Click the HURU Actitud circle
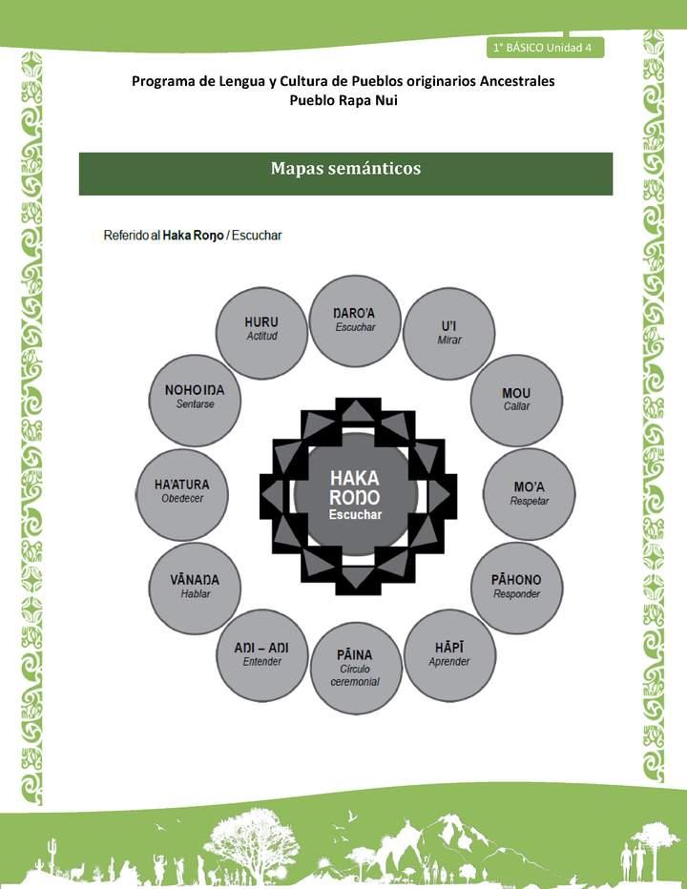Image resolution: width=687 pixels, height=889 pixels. point(261,329)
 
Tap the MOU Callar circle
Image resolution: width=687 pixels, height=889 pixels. point(516,399)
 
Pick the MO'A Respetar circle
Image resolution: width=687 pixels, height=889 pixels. point(529,493)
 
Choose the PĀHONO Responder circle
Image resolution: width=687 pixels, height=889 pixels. point(516,587)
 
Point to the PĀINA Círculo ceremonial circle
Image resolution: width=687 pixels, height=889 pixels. point(355,668)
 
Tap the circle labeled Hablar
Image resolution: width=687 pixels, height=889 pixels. point(195,587)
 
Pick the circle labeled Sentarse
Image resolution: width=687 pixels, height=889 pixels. point(195,397)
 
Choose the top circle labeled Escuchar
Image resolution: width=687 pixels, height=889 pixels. point(355,320)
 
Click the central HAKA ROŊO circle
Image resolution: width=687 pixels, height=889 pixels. point(355,493)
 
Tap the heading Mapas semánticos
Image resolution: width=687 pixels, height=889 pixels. point(345,169)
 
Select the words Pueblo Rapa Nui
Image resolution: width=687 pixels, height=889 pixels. point(343,100)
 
